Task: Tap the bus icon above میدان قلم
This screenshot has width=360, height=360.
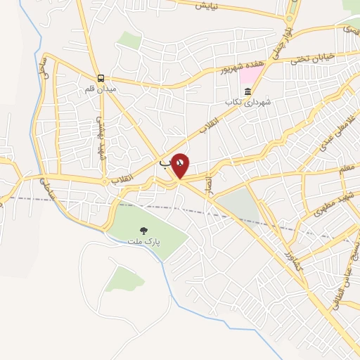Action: pyautogui.click(x=101, y=79)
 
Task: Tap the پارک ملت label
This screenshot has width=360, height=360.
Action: pyautogui.click(x=144, y=241)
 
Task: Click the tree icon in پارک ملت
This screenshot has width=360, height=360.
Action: pyautogui.click(x=144, y=230)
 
